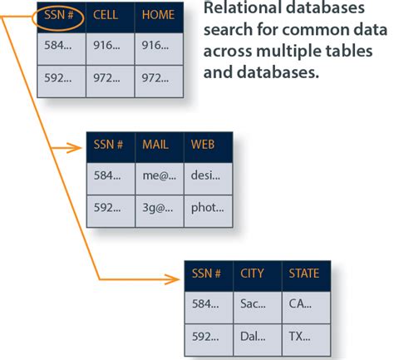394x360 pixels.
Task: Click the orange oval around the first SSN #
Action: (60, 16)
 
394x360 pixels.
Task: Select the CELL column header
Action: (106, 16)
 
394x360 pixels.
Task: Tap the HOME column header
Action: (158, 16)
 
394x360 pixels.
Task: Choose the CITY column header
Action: (253, 274)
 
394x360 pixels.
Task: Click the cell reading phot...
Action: (207, 210)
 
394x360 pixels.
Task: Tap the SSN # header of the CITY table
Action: (206, 274)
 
